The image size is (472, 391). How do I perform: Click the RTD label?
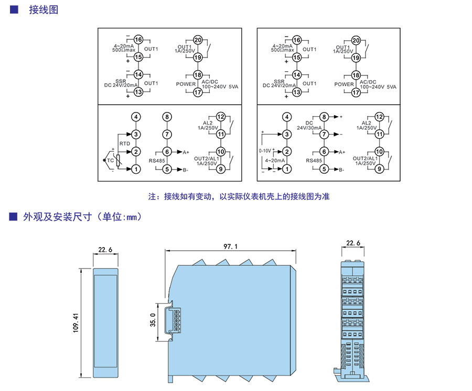pyautogui.click(x=124, y=143)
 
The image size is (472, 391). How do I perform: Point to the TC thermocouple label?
pyautogui.click(x=110, y=161)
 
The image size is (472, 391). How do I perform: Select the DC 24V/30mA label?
pyautogui.click(x=309, y=125)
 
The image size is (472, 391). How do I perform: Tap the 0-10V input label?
pyautogui.click(x=265, y=151)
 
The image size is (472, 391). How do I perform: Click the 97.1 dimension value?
pyautogui.click(x=230, y=245)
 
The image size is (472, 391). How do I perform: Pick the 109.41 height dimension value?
pyautogui.click(x=75, y=323)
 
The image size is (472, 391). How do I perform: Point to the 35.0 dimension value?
pyautogui.click(x=153, y=319)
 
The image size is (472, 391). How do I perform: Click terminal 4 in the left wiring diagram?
pyautogui.click(x=136, y=117)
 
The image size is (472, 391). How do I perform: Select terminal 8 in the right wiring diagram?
pyautogui.click(x=324, y=117)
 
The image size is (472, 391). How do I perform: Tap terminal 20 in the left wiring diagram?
pyautogui.click(x=198, y=41)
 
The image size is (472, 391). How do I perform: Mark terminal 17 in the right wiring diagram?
pyautogui.click(x=356, y=92)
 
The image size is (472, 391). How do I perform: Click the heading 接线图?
pyautogui.click(x=44, y=10)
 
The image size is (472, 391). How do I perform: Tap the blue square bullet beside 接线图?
pyautogui.click(x=14, y=9)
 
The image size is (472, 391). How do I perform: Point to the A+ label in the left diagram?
pyautogui.click(x=186, y=152)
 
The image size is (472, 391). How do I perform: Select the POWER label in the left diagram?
pyautogui.click(x=186, y=84)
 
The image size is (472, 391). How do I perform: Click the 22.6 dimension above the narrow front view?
pyautogui.click(x=105, y=250)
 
